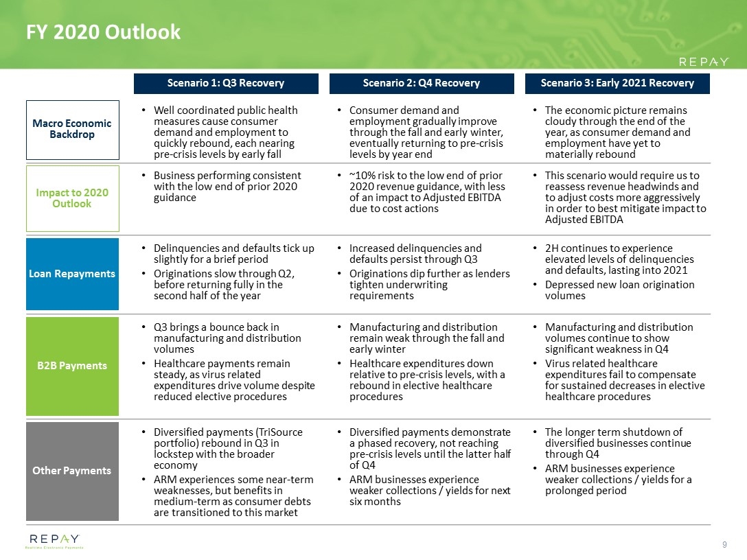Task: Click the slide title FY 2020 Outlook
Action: pyautogui.click(x=103, y=32)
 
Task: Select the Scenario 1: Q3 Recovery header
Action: pyautogui.click(x=226, y=83)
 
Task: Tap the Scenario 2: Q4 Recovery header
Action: pyautogui.click(x=422, y=83)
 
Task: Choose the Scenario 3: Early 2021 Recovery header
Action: pyautogui.click(x=617, y=83)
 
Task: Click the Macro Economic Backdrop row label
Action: pyautogui.click(x=72, y=129)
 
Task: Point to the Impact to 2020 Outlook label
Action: pyautogui.click(x=72, y=198)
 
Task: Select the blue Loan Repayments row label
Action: pyautogui.click(x=72, y=274)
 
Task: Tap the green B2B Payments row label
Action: pyautogui.click(x=72, y=366)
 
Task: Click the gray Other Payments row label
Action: pyautogui.click(x=72, y=471)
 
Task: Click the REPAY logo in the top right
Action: pyautogui.click(x=703, y=62)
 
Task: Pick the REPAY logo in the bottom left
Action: pyautogui.click(x=54, y=541)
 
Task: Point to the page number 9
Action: pyautogui.click(x=724, y=545)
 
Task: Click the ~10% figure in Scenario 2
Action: pyautogui.click(x=364, y=176)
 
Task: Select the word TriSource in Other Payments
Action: pyautogui.click(x=278, y=432)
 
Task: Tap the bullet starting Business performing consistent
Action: pyautogui.click(x=227, y=187)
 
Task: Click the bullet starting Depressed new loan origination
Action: pyautogui.click(x=619, y=290)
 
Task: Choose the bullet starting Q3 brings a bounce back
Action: pyautogui.click(x=227, y=338)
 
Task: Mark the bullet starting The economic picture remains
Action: pyautogui.click(x=618, y=132)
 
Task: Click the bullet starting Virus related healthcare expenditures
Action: pyautogui.click(x=623, y=380)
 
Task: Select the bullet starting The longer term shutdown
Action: pyautogui.click(x=618, y=443)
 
